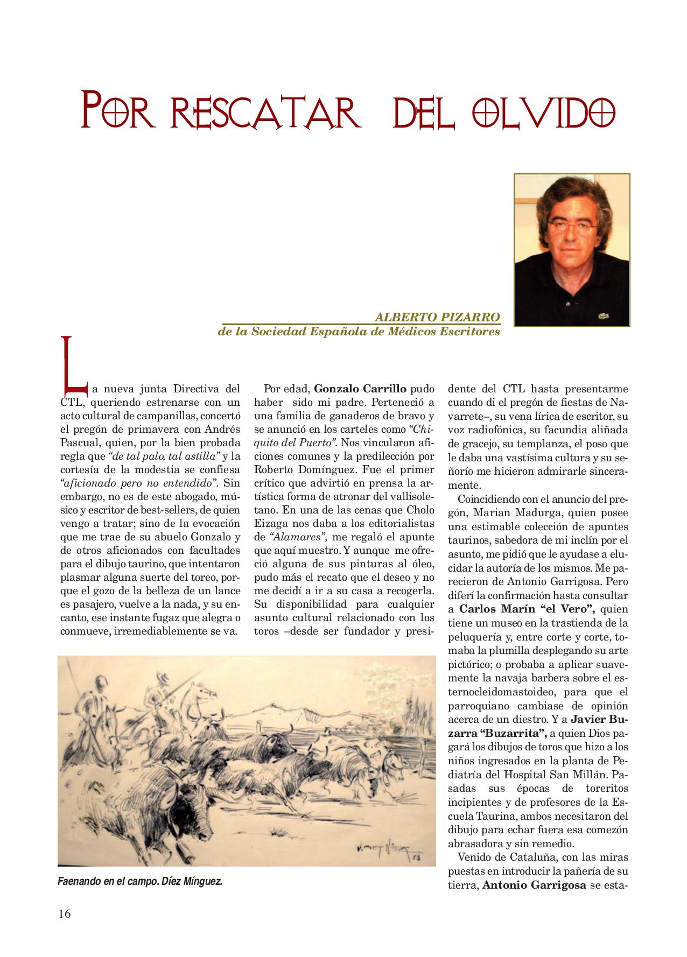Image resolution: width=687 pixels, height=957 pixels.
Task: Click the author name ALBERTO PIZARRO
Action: click(438, 318)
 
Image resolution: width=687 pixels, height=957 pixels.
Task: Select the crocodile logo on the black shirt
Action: click(603, 315)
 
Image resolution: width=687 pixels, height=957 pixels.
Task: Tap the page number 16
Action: click(65, 913)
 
